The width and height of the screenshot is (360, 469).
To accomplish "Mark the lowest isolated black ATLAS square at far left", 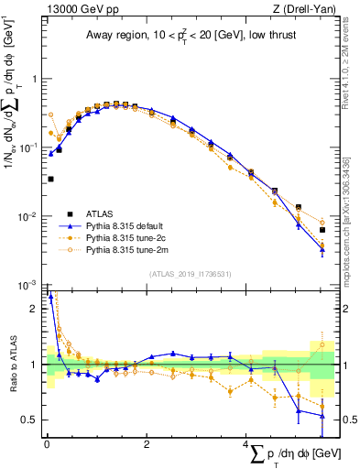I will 50,179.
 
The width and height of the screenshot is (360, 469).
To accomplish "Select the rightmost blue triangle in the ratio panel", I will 322,415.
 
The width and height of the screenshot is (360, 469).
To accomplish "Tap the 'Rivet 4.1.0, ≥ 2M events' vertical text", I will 349,69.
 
